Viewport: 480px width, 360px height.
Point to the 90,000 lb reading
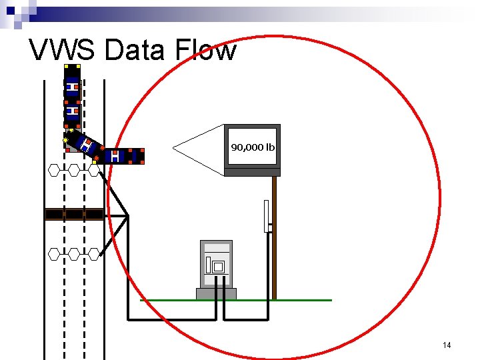(x=253, y=147)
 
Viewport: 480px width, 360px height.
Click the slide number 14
(x=447, y=345)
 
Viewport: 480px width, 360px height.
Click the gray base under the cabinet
(x=216, y=294)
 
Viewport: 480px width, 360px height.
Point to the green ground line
(x=300, y=300)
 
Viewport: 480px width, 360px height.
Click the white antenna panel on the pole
(x=267, y=215)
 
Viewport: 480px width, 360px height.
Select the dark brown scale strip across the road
(x=74, y=214)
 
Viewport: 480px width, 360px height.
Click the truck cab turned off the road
(x=124, y=156)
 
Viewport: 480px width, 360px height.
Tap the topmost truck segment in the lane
(x=72, y=81)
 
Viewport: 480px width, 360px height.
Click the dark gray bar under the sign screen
(x=252, y=172)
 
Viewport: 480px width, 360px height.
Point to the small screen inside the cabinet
(x=218, y=266)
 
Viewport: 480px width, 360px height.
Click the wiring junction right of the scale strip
(x=127, y=216)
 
